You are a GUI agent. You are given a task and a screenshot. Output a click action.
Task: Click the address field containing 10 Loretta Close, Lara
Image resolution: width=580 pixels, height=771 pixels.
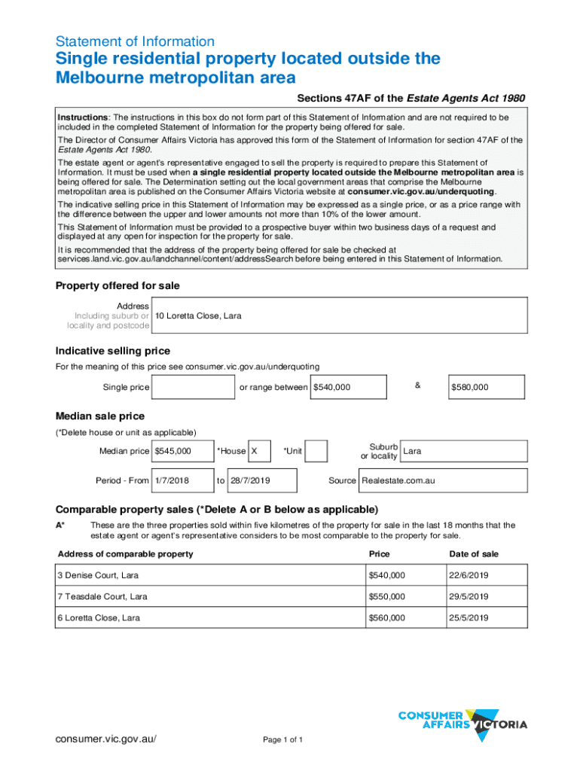click(x=339, y=315)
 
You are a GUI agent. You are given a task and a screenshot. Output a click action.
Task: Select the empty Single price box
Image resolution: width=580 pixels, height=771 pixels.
click(x=194, y=387)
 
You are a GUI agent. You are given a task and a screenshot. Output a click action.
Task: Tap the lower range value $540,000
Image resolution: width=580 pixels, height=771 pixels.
click(x=349, y=387)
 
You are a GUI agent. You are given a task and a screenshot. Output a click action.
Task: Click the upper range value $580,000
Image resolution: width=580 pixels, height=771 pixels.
click(x=487, y=387)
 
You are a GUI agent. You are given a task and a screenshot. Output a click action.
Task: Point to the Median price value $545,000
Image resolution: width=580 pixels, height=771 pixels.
click(x=182, y=451)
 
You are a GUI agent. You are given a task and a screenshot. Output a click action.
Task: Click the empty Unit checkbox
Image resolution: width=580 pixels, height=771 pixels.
click(x=316, y=451)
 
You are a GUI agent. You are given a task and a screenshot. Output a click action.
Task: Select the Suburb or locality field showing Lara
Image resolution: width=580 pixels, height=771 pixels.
click(x=463, y=451)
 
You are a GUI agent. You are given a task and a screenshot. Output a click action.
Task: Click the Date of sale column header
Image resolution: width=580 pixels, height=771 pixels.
click(x=473, y=554)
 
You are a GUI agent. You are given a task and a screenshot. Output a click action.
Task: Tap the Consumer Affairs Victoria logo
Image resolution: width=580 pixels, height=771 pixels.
click(x=462, y=720)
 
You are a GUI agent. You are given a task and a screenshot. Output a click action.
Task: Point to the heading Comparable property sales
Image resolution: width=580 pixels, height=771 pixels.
click(x=217, y=508)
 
